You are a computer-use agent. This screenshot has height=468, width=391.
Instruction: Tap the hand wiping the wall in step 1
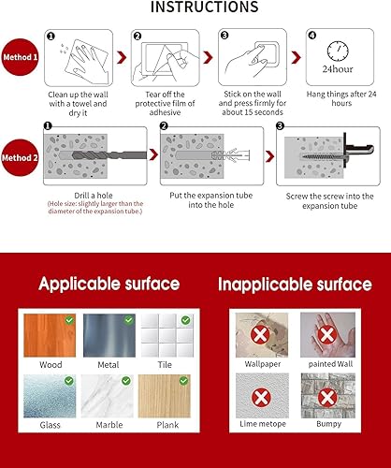(74, 59)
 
